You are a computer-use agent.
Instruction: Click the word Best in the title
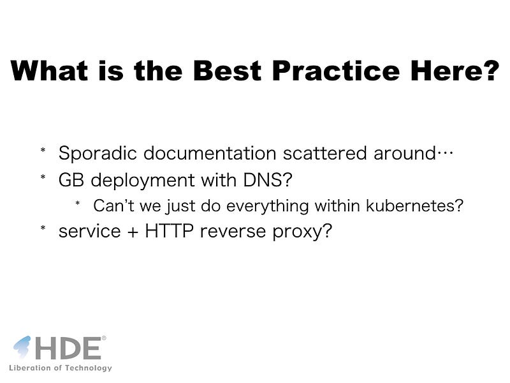228,71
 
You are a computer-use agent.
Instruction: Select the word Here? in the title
455,71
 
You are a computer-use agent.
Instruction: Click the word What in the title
49,71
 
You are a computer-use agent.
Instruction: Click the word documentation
210,153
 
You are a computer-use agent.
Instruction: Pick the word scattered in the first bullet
324,153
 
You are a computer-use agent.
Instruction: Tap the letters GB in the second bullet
71,180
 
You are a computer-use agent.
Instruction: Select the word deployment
143,181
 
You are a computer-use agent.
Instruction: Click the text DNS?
268,180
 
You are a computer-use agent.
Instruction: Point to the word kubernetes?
414,206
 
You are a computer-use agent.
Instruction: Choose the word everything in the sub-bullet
267,206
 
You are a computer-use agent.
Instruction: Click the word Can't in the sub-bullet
113,206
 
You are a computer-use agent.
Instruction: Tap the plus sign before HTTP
133,232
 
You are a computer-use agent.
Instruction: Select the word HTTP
169,231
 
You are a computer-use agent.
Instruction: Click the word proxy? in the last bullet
302,232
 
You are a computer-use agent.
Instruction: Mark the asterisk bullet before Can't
77,204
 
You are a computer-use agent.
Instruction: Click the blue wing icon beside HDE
22,347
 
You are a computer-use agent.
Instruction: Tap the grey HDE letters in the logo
68,348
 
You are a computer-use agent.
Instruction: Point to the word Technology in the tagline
88,368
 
